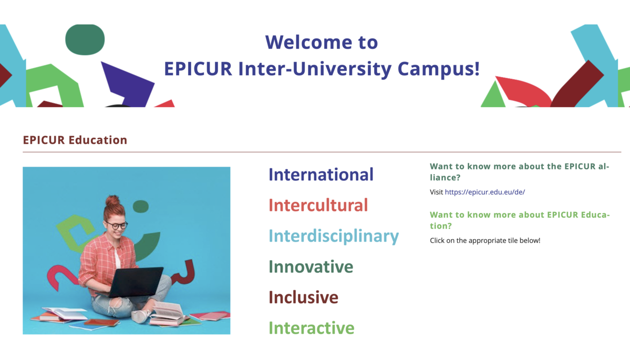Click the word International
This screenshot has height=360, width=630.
(x=321, y=174)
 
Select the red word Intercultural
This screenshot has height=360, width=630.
(x=318, y=205)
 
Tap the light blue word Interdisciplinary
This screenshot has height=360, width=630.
(x=334, y=236)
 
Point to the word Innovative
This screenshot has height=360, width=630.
(x=311, y=266)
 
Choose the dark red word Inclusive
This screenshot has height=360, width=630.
(x=303, y=297)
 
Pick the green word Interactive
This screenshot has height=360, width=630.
(x=312, y=328)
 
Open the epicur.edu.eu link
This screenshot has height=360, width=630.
(x=485, y=192)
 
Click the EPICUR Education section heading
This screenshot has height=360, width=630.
(x=75, y=140)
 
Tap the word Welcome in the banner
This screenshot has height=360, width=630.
(x=305, y=42)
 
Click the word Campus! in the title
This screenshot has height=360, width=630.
(x=439, y=69)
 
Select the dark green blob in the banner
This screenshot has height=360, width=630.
(x=85, y=39)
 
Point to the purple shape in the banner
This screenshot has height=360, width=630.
(x=128, y=85)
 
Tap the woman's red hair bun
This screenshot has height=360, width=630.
(x=112, y=200)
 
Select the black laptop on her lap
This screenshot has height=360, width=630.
(x=136, y=282)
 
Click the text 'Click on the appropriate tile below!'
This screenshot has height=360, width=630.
(x=485, y=240)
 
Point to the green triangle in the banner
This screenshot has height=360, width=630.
(x=493, y=96)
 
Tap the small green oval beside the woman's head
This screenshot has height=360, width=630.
(x=141, y=207)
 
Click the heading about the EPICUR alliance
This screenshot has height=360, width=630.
(x=520, y=172)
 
